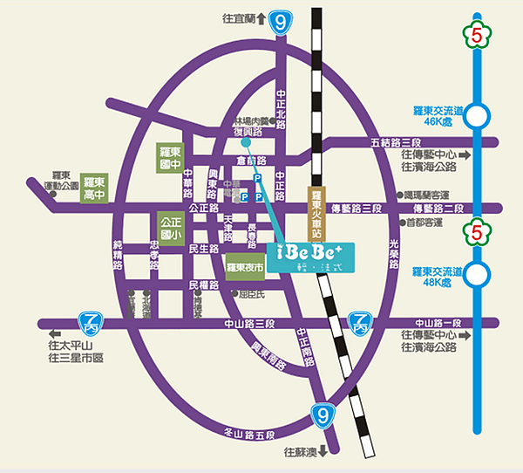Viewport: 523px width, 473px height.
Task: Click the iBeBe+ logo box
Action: click(x=309, y=256)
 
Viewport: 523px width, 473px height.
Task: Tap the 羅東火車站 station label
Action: click(x=317, y=215)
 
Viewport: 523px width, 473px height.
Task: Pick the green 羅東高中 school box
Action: click(x=93, y=188)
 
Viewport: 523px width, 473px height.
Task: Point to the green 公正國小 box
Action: click(x=171, y=226)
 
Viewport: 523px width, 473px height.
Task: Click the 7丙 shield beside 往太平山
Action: click(x=88, y=323)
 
